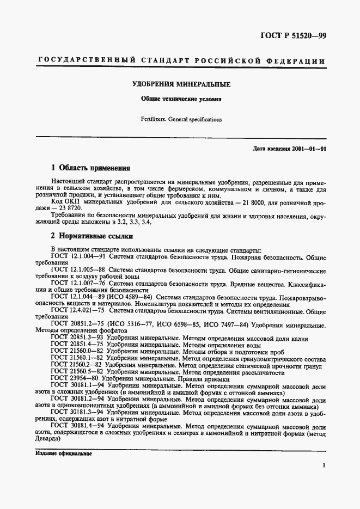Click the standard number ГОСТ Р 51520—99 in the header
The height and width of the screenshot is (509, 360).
pos(292,37)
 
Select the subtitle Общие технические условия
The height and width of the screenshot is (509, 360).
pos(181,100)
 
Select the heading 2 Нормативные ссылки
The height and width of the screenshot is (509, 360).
pos(93,236)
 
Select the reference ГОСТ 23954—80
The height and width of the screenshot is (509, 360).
pos(75,378)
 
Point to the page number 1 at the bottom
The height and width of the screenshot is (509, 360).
pos(324,465)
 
